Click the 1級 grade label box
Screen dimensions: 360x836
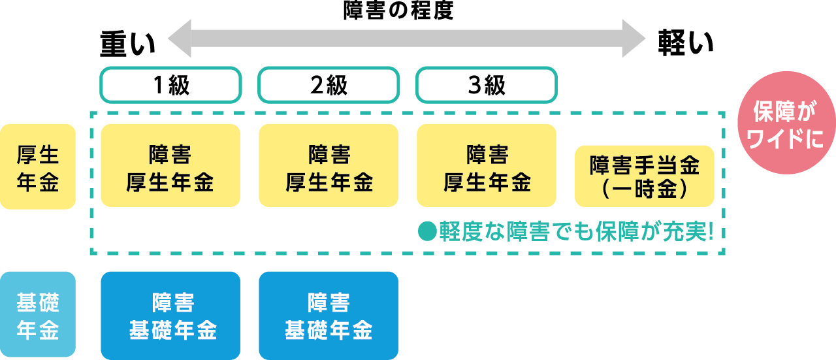coord(170,86)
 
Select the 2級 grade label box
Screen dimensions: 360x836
coord(329,86)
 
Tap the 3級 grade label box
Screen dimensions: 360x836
coord(487,86)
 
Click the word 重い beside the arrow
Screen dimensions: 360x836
coord(127,44)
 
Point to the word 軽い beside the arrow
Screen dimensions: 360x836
coord(686,44)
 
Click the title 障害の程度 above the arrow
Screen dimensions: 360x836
coord(398,10)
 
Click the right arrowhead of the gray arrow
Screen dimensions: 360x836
coord(634,38)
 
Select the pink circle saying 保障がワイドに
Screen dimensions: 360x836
coord(786,123)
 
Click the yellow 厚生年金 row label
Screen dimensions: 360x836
coord(38,167)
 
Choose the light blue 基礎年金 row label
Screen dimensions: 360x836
coord(38,315)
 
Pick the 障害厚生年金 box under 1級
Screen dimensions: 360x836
coord(170,166)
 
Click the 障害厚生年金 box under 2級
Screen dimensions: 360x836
coord(329,166)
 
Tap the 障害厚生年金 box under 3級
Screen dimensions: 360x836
coord(487,166)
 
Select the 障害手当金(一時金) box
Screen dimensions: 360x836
coord(645,176)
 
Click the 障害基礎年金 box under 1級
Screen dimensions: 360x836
coord(170,316)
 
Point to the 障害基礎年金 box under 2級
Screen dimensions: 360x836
coord(329,316)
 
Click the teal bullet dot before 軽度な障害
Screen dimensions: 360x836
coord(426,232)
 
